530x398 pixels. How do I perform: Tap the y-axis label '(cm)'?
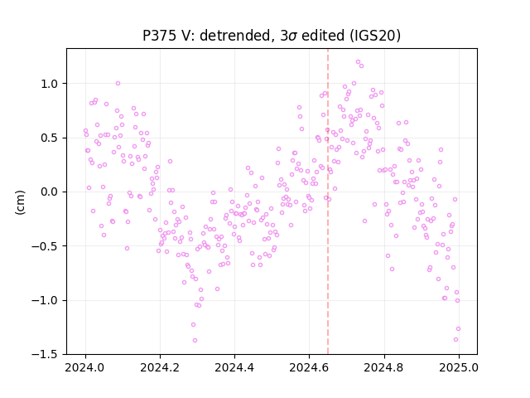coord(20,202)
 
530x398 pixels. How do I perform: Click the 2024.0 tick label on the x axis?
coord(85,367)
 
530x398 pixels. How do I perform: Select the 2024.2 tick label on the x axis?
coord(160,367)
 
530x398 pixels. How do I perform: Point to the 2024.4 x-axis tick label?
coord(234,367)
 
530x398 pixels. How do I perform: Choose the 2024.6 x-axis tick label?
coord(309,367)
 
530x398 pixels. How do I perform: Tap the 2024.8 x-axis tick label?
coord(384,367)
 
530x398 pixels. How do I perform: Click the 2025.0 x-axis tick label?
coord(459,367)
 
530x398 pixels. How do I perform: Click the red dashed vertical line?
coord(328,201)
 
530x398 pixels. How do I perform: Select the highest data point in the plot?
coord(358,62)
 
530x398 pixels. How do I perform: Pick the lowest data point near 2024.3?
coord(195,341)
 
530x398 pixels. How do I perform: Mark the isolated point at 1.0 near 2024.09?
coord(118,83)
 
